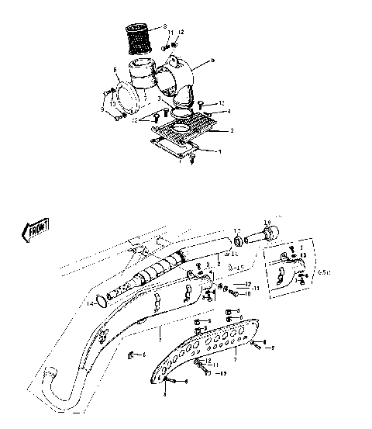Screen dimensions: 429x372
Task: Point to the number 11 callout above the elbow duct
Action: (172, 34)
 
